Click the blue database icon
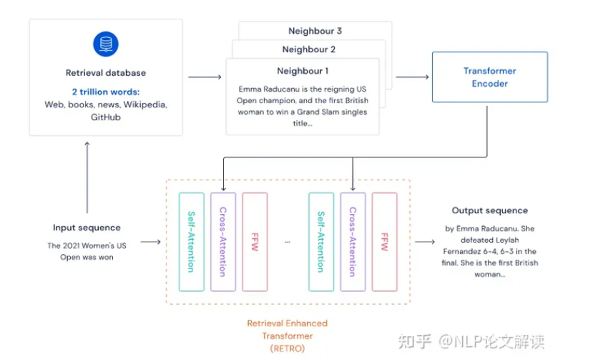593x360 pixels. pyautogui.click(x=106, y=45)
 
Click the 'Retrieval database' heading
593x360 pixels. pyautogui.click(x=106, y=73)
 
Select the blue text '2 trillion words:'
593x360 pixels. pyautogui.click(x=106, y=92)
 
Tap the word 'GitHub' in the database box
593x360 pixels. pyautogui.click(x=106, y=117)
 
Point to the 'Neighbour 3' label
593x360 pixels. pyautogui.click(x=315, y=31)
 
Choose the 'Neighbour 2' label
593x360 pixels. pyautogui.click(x=308, y=49)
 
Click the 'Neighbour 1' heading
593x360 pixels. pyautogui.click(x=303, y=71)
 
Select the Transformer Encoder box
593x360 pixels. pyautogui.click(x=489, y=77)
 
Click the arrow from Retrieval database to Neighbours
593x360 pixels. pyautogui.click(x=207, y=77)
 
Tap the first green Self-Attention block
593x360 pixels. pyautogui.click(x=191, y=242)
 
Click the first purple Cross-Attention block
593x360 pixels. pyautogui.click(x=222, y=242)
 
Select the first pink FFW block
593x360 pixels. pyautogui.click(x=255, y=242)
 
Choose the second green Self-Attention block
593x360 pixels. pyautogui.click(x=320, y=242)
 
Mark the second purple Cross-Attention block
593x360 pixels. pyautogui.click(x=352, y=242)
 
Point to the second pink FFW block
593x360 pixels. pyautogui.click(x=384, y=242)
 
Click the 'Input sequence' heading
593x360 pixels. pyautogui.click(x=87, y=228)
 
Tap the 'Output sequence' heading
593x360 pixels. pyautogui.click(x=489, y=210)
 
